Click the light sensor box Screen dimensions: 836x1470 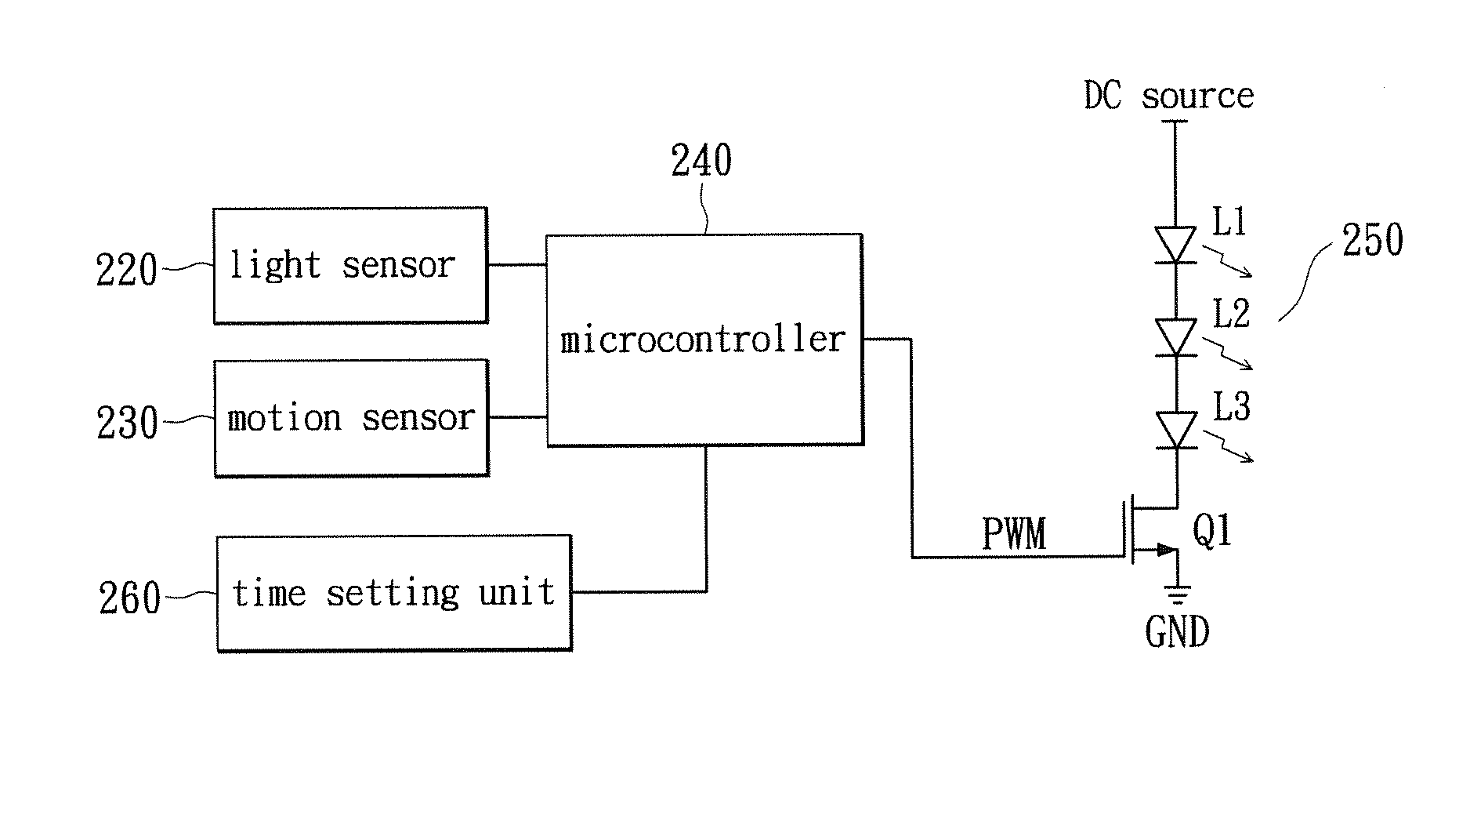[x=350, y=266]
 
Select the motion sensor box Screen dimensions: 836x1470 [x=351, y=418]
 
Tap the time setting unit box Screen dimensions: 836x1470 [x=393, y=593]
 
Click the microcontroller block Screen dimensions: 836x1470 [x=704, y=340]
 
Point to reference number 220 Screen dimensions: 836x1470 [x=126, y=271]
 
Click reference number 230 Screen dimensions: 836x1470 [x=127, y=423]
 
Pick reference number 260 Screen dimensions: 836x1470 [x=129, y=599]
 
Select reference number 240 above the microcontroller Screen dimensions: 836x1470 [x=701, y=162]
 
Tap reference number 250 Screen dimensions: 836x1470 [x=1372, y=241]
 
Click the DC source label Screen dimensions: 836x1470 [x=1168, y=96]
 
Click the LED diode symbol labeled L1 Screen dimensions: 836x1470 [x=1175, y=245]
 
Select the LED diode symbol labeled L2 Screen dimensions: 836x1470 [x=1176, y=337]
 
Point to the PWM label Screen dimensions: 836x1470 [x=1014, y=534]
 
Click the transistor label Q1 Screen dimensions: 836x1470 [x=1212, y=531]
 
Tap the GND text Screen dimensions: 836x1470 [x=1177, y=632]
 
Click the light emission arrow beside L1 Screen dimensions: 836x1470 [x=1227, y=262]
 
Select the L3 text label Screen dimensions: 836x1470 [x=1232, y=407]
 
